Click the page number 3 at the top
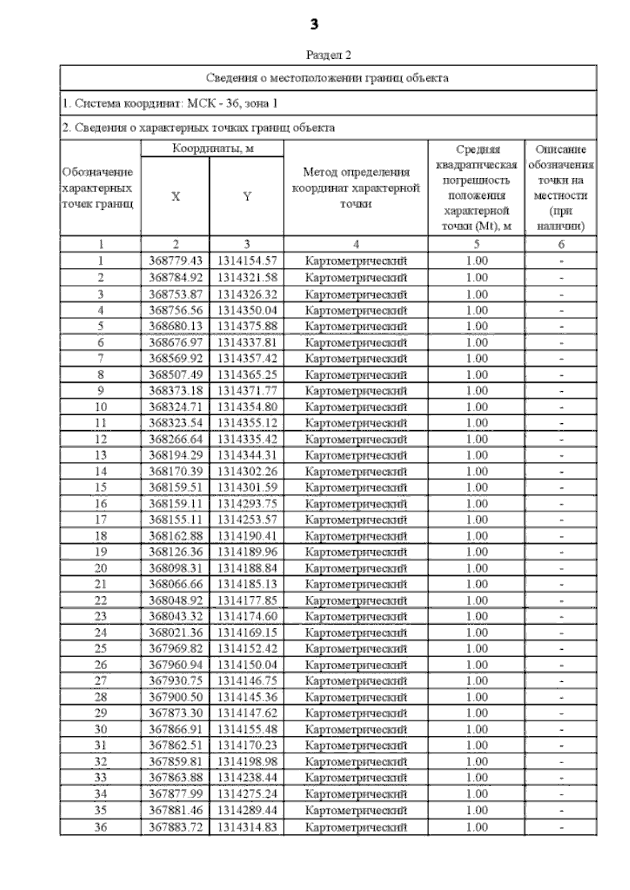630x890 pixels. click(314, 24)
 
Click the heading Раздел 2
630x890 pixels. click(328, 55)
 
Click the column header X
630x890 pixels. click(175, 197)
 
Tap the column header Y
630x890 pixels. click(247, 197)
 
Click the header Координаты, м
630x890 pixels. click(213, 148)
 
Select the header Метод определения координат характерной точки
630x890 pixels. click(356, 188)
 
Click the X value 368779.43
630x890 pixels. click(175, 261)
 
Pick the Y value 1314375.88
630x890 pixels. click(247, 326)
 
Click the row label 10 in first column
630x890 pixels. click(100, 407)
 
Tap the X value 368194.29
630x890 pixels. click(175, 455)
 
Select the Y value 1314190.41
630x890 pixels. click(247, 536)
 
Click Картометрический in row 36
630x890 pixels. click(356, 828)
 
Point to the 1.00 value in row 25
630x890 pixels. click(477, 649)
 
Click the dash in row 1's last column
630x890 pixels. click(561, 261)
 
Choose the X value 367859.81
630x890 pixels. click(175, 762)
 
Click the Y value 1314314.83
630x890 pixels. click(247, 828)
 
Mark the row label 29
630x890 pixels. click(100, 713)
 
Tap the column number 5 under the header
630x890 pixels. click(477, 244)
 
